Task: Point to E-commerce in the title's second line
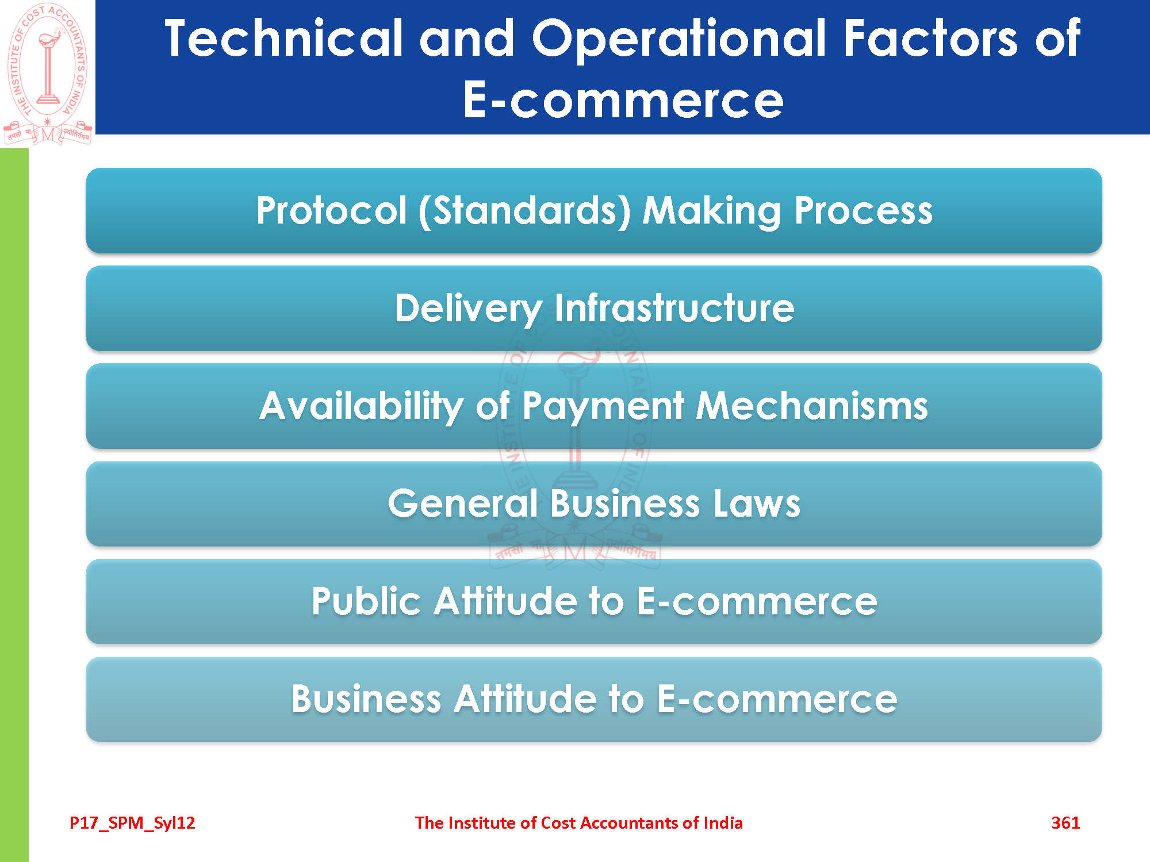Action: pos(623,100)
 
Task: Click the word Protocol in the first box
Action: pos(332,210)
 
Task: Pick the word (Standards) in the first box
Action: pos(525,211)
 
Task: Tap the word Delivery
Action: pos(468,309)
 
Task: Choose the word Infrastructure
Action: pos(674,308)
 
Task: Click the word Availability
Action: pos(361,407)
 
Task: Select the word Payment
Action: pos(603,407)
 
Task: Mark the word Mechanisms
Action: pos(812,406)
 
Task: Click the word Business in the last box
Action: pos(366,699)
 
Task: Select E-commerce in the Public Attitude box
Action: pos(757,602)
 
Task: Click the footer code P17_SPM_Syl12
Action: pos(132,823)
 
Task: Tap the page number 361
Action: pos(1065,823)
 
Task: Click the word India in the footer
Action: pos(723,823)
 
